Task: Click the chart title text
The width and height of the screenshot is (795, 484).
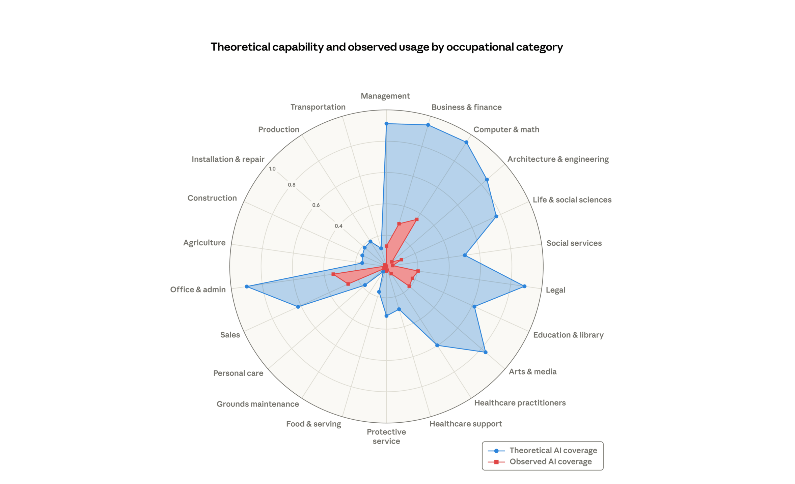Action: click(x=386, y=47)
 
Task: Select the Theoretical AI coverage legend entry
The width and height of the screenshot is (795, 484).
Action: click(x=553, y=450)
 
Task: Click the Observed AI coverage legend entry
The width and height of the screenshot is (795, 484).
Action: click(x=550, y=461)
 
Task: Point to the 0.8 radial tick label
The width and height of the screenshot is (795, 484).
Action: click(x=292, y=185)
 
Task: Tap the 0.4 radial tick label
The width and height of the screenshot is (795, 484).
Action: click(x=338, y=226)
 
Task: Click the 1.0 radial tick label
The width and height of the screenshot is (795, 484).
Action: click(x=272, y=169)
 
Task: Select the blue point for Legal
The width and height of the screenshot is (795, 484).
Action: click(x=524, y=286)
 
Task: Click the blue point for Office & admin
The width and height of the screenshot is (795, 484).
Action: click(x=247, y=286)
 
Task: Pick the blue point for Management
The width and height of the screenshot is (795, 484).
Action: click(x=386, y=124)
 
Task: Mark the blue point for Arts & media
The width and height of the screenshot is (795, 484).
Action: click(x=485, y=352)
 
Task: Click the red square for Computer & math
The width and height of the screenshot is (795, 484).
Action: click(x=417, y=219)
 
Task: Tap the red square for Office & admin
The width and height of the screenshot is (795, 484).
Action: click(x=333, y=274)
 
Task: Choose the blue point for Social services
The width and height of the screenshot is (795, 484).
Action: click(x=465, y=255)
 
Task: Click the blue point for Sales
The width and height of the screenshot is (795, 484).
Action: click(x=298, y=307)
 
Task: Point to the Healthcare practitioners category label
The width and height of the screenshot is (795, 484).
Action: click(x=520, y=403)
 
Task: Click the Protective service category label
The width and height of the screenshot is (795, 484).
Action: click(x=386, y=436)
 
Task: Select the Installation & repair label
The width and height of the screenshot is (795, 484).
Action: click(x=228, y=159)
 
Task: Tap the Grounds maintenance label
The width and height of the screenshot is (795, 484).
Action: click(x=257, y=404)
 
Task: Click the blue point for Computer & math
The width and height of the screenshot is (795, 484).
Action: click(x=466, y=142)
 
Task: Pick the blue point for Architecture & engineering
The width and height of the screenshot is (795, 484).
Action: click(x=487, y=180)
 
